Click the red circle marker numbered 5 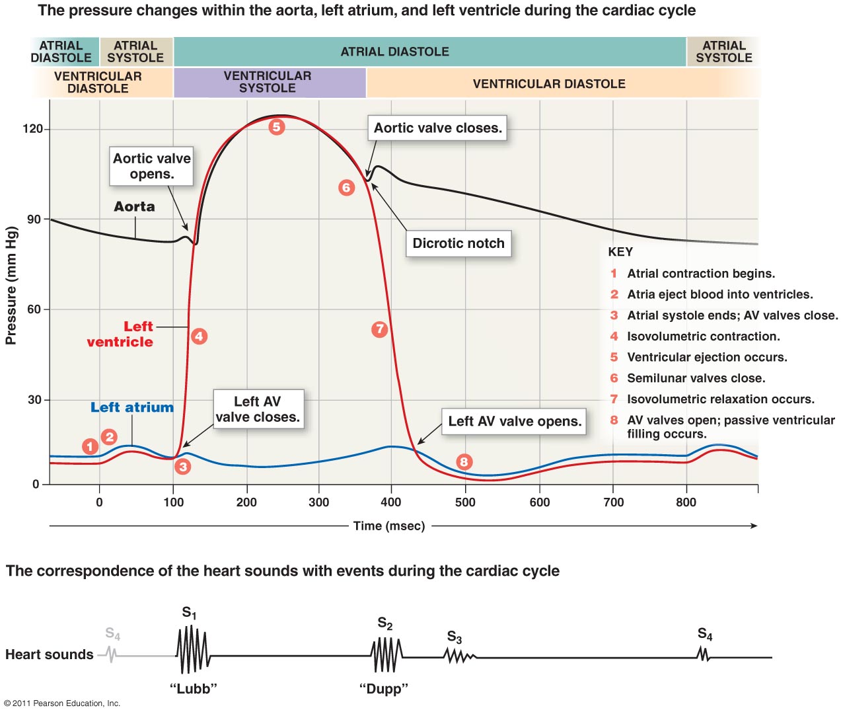click(277, 127)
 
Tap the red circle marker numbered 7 click(379, 329)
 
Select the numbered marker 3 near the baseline click(183, 466)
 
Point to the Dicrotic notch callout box click(458, 243)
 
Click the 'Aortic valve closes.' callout click(438, 128)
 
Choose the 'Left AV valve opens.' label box click(515, 422)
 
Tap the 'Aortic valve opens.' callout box click(152, 166)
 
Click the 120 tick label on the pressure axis click(32, 129)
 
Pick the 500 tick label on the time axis click(465, 502)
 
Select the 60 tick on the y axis click(34, 309)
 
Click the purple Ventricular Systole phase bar click(268, 82)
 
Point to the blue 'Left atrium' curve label click(132, 408)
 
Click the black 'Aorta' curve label click(134, 207)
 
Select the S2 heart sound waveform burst click(386, 655)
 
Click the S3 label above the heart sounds click(455, 637)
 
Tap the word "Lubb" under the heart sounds click(193, 689)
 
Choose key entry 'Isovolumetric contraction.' click(703, 337)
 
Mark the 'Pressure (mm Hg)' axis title click(11, 286)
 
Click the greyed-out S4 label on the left click(113, 635)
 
